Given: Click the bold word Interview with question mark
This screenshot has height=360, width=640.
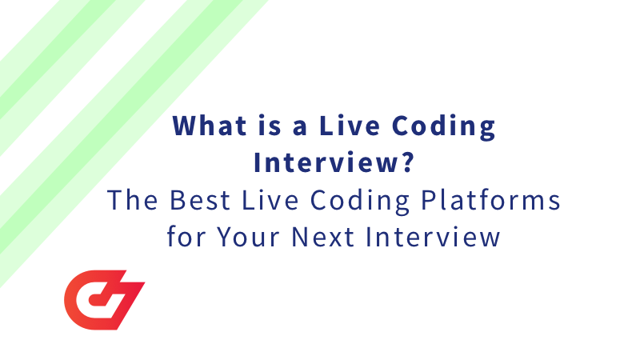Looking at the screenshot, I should tap(327, 163).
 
